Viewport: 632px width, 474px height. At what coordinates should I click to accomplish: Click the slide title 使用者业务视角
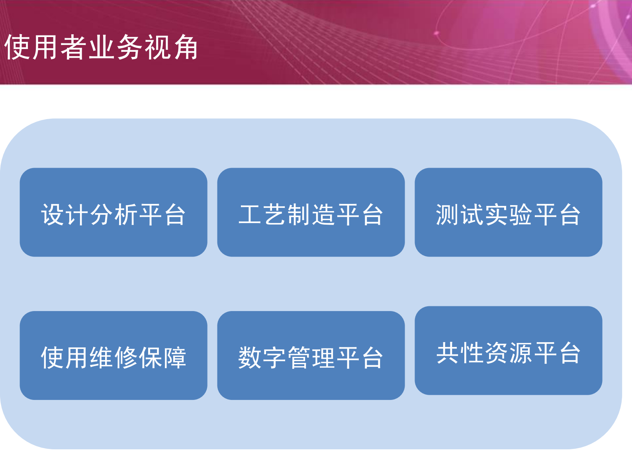[x=101, y=47]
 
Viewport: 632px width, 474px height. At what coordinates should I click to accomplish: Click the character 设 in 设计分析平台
[x=53, y=215]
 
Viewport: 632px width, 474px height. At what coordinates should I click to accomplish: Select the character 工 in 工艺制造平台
[x=250, y=215]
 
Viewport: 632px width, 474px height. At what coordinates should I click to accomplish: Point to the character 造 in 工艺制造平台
[x=323, y=215]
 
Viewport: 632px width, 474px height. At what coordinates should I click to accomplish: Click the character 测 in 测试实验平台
[x=448, y=215]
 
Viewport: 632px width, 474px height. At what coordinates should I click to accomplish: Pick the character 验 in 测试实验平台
[x=520, y=215]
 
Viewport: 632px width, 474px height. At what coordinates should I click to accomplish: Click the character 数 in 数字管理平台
[x=250, y=357]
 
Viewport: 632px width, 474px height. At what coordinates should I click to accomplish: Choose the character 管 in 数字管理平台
[x=299, y=357]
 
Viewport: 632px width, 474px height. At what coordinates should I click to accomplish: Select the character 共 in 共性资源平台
[x=448, y=353]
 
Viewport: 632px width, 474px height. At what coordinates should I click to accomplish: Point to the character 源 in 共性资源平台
[x=520, y=353]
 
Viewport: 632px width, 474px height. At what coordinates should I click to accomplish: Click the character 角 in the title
[x=185, y=47]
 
